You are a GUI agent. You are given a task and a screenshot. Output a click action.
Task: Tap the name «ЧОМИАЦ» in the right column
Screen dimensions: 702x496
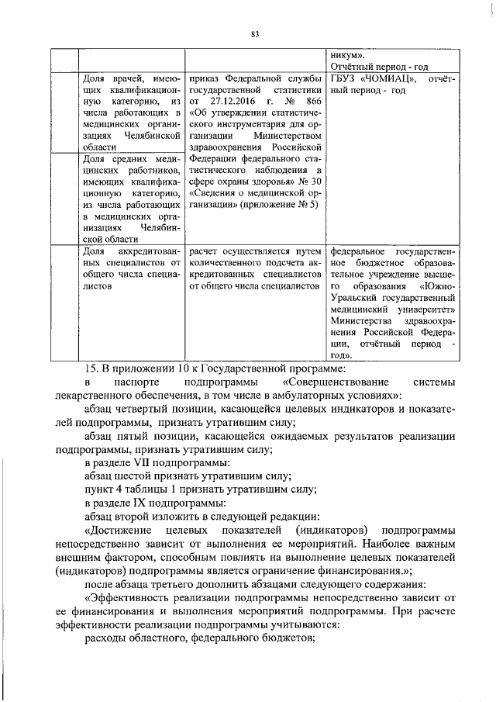tap(394, 79)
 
